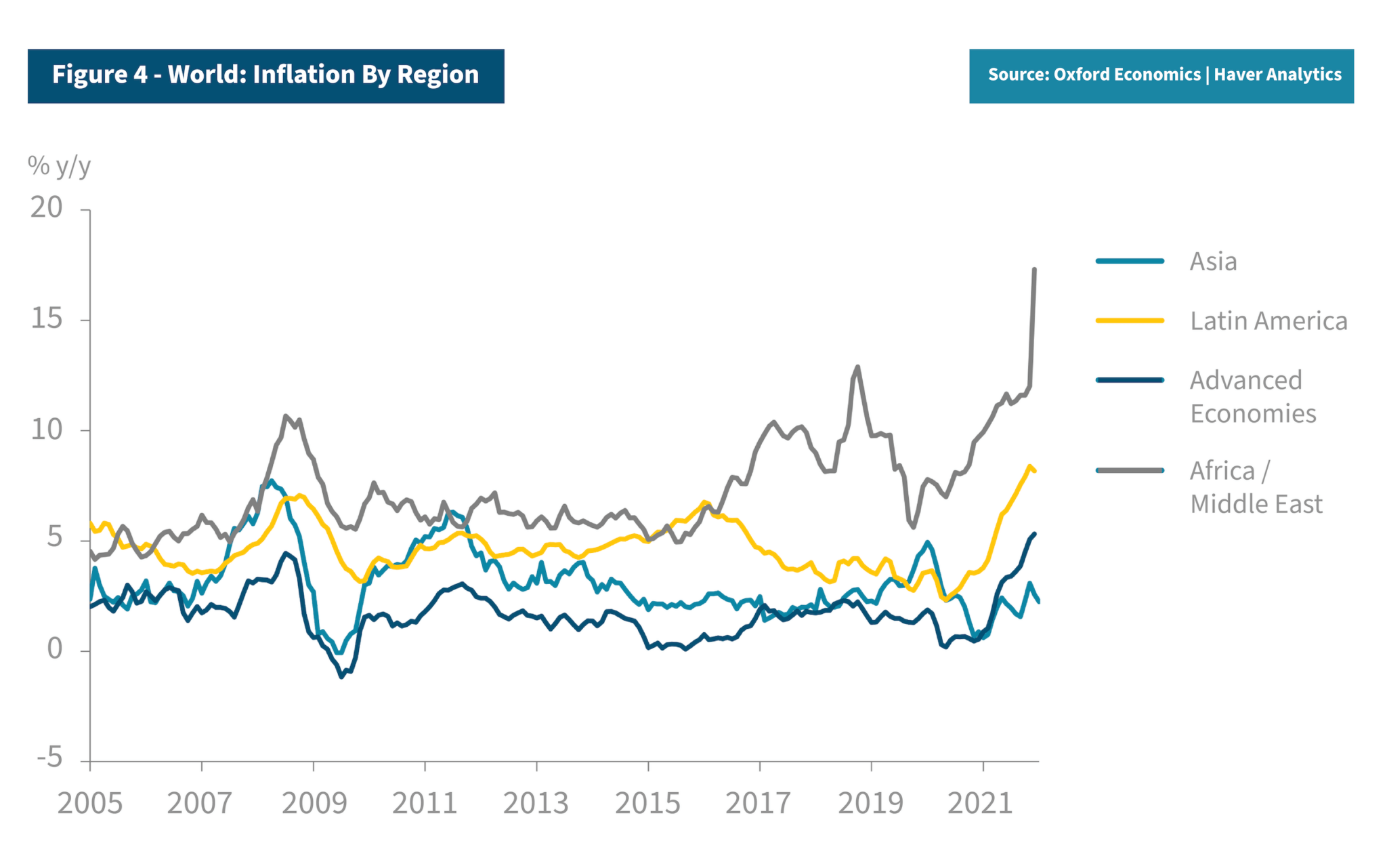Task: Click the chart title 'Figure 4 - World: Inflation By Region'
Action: pos(265,75)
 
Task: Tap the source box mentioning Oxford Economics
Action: pos(1161,75)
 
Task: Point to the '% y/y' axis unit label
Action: pos(59,165)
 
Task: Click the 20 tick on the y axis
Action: pos(46,207)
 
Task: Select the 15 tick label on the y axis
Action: pos(46,318)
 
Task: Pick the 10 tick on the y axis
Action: pos(46,430)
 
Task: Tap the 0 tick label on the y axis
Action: pos(54,649)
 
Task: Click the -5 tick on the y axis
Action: pos(49,758)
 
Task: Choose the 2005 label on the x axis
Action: pos(90,804)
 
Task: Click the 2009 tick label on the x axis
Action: pos(314,804)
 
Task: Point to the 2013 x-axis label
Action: pos(536,804)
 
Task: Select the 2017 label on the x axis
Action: pos(758,804)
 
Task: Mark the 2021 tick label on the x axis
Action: pos(980,804)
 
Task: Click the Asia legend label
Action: pos(1213,262)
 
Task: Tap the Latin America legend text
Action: pos(1268,321)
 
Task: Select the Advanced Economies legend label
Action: pos(1252,397)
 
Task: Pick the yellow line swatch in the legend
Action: pos(1130,321)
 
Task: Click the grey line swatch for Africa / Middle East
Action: pos(1130,470)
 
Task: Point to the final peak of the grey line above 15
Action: pos(1034,270)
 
